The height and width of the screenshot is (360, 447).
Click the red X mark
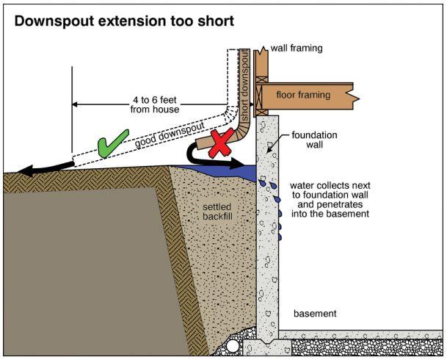click(x=221, y=143)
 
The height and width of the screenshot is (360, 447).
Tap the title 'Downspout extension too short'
click(x=124, y=21)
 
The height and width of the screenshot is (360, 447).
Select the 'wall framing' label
click(x=297, y=48)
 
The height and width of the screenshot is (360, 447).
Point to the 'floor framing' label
click(x=303, y=95)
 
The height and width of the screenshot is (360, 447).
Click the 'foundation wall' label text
click(x=314, y=140)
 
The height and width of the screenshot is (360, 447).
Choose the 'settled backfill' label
click(x=217, y=212)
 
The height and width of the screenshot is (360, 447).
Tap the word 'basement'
click(x=315, y=314)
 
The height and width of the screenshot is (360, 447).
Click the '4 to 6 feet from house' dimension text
click(x=155, y=104)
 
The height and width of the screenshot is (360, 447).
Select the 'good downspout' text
click(x=170, y=135)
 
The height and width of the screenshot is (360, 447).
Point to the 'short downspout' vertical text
click(x=244, y=85)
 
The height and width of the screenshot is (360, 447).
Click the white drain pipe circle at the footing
click(x=233, y=346)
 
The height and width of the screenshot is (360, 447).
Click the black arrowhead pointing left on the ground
click(x=26, y=171)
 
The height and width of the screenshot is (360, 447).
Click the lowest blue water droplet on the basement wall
click(x=280, y=237)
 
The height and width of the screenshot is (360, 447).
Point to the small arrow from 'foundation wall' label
click(x=278, y=143)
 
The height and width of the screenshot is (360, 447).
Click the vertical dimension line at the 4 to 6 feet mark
click(x=72, y=109)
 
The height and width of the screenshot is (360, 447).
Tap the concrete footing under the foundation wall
click(x=267, y=347)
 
